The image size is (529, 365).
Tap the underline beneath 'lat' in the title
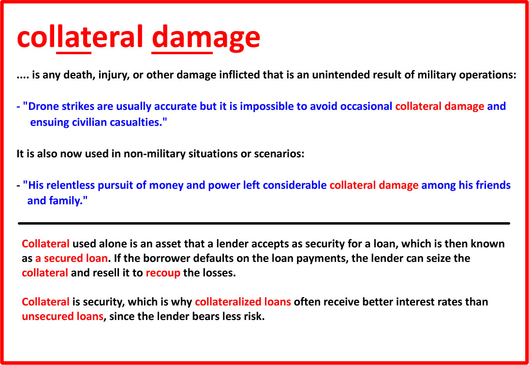[74, 53]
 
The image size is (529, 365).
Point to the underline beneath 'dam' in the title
[182, 53]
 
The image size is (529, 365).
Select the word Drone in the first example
[40, 106]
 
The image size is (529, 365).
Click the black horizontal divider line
[264, 223]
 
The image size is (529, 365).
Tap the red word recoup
[163, 273]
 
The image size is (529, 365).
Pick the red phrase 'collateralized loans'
[243, 302]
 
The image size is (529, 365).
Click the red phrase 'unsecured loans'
[63, 318]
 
